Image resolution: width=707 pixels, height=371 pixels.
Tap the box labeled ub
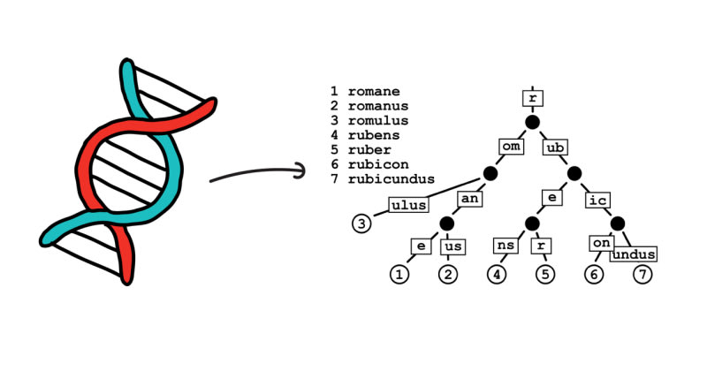click(x=555, y=147)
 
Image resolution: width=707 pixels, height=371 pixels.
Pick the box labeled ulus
click(x=408, y=205)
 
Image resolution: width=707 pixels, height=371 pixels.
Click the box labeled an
click(x=468, y=199)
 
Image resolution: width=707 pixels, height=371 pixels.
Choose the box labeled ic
click(x=596, y=199)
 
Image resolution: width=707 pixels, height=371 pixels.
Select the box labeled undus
click(x=634, y=254)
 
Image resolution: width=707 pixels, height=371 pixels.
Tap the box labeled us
click(x=451, y=245)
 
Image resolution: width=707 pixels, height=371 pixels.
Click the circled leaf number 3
click(x=361, y=223)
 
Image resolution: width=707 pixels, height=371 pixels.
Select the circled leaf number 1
click(x=400, y=275)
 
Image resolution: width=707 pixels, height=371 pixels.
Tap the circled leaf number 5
click(x=544, y=275)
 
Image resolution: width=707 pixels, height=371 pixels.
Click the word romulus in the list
click(x=376, y=120)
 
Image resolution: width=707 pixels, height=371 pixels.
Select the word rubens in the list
click(x=374, y=134)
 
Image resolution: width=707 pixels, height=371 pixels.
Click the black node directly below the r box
click(x=532, y=122)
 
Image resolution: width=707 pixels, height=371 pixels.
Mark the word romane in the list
click(x=374, y=91)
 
